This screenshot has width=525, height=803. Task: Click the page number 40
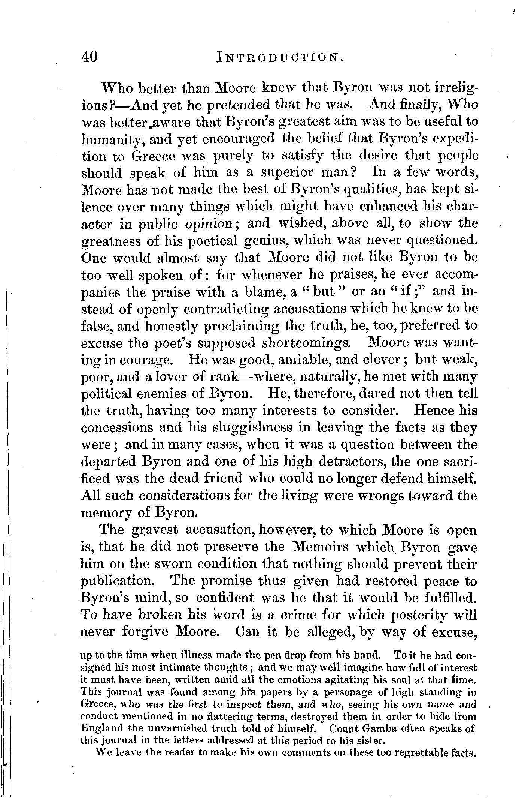point(89,57)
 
